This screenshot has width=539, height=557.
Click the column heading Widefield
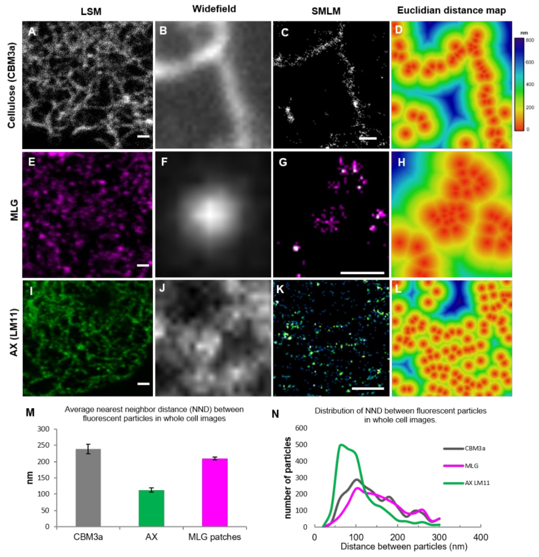[214, 9]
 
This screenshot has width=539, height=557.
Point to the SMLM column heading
[326, 11]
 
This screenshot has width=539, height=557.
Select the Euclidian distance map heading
[451, 11]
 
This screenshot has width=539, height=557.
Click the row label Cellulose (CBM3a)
[11, 85]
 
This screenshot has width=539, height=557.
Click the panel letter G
[283, 162]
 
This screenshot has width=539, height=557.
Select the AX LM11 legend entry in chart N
[477, 483]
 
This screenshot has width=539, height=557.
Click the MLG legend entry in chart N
[471, 466]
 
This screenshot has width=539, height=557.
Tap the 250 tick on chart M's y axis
[43, 445]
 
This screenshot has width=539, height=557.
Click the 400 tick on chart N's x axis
[480, 537]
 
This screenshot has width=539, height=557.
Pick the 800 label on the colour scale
[530, 40]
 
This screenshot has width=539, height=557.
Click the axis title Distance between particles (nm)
[404, 546]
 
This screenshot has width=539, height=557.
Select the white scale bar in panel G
[362, 273]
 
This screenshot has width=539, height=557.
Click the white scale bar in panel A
[143, 136]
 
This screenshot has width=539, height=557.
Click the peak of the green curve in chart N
[341, 445]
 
